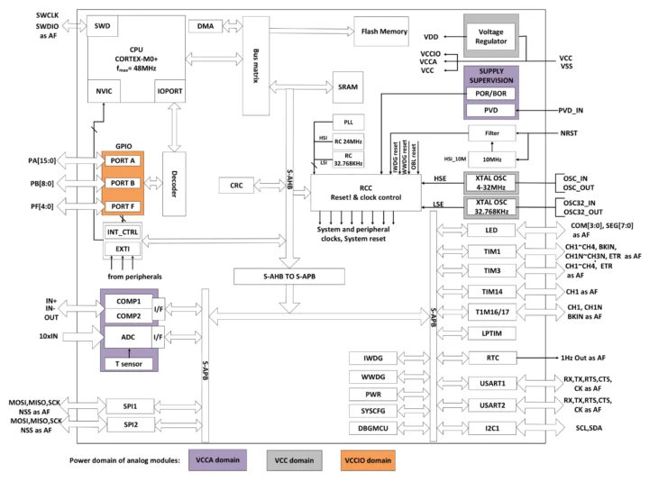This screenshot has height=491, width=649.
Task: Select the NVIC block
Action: coord(100,92)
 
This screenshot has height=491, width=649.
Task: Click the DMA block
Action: coord(206,26)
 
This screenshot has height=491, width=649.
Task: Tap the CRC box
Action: coord(236,185)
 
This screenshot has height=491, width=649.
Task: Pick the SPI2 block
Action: coord(131,423)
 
